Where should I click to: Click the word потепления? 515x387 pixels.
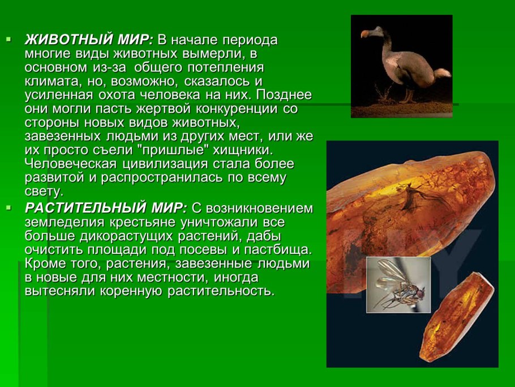click(218, 68)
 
